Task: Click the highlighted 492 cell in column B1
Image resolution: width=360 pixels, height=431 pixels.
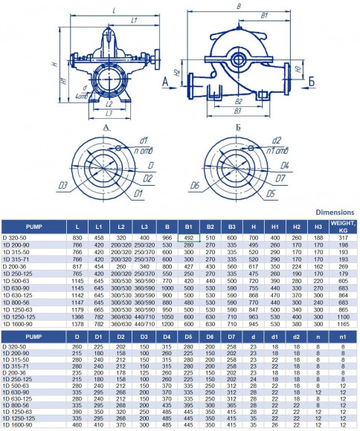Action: (x=188, y=237)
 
